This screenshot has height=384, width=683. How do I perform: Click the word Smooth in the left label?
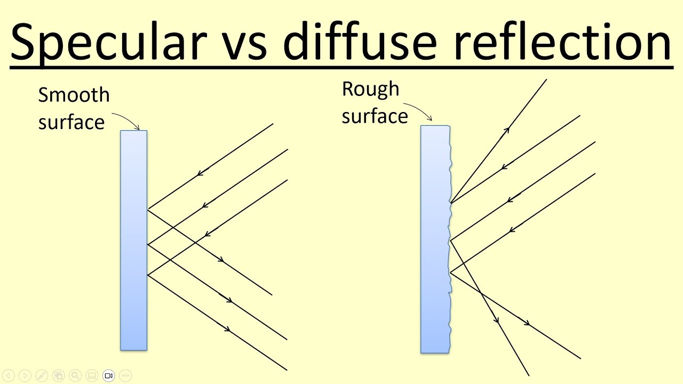(x=74, y=95)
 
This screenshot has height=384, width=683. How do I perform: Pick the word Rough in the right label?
(x=370, y=89)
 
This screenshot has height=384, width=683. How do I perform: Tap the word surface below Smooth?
(x=72, y=122)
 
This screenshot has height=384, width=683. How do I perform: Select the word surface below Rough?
(x=375, y=116)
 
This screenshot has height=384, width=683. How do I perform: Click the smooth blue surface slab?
(x=133, y=240)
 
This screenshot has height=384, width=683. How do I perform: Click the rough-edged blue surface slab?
(x=435, y=240)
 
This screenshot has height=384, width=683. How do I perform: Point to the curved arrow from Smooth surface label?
(x=126, y=118)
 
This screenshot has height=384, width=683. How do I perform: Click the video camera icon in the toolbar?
(x=109, y=375)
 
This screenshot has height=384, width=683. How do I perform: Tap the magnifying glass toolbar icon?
(x=75, y=375)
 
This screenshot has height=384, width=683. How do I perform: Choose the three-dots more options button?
(x=125, y=375)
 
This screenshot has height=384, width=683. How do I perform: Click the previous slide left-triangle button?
(x=9, y=375)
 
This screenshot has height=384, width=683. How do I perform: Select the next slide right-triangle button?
(x=25, y=375)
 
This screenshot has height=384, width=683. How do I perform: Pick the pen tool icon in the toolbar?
(x=42, y=375)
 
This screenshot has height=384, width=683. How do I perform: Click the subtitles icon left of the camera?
(x=92, y=375)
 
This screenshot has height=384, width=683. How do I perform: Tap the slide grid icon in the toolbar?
(x=59, y=375)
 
